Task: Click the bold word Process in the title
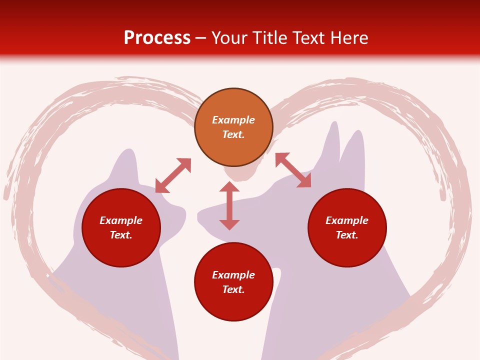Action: [x=157, y=38]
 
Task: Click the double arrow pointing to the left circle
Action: [x=173, y=175]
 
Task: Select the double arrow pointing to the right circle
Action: [x=293, y=170]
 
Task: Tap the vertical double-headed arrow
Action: [x=229, y=205]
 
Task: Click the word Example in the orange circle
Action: [x=233, y=120]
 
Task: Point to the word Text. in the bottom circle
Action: [x=233, y=289]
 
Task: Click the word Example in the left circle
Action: [x=121, y=220]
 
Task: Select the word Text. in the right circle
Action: [x=347, y=235]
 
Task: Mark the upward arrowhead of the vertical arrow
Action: [x=229, y=187]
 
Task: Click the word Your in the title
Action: [x=230, y=38]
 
